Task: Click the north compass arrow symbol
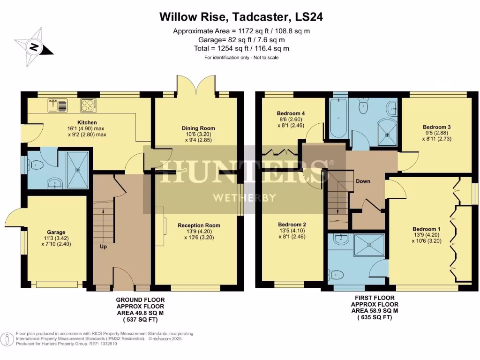click(34, 46)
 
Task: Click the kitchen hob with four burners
click(88, 105)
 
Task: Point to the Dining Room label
click(199, 128)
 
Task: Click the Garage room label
click(56, 232)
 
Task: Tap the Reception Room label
click(199, 225)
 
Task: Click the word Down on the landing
click(363, 181)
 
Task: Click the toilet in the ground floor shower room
click(34, 165)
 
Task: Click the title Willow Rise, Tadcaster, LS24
click(241, 17)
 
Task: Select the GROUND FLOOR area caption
click(140, 299)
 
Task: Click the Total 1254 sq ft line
click(241, 48)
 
